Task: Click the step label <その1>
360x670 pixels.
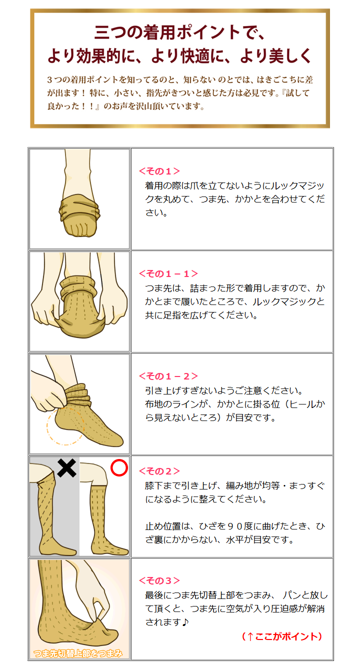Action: pyautogui.click(x=159, y=171)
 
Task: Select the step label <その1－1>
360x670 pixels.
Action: pyautogui.click(x=168, y=273)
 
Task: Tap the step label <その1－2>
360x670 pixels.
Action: pyautogui.click(x=168, y=376)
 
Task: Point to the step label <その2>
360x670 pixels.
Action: pyautogui.click(x=159, y=471)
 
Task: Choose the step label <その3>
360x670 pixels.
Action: pyautogui.click(x=159, y=580)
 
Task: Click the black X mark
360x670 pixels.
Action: pyautogui.click(x=66, y=468)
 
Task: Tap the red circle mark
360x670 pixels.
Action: pyautogui.click(x=119, y=468)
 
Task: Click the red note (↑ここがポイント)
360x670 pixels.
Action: pyautogui.click(x=281, y=636)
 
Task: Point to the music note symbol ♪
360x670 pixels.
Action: pyautogui.click(x=185, y=622)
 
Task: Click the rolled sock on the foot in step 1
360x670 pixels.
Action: pyautogui.click(x=79, y=208)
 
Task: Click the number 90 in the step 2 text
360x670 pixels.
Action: pyautogui.click(x=234, y=526)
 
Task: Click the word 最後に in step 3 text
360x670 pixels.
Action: pyautogui.click(x=158, y=595)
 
